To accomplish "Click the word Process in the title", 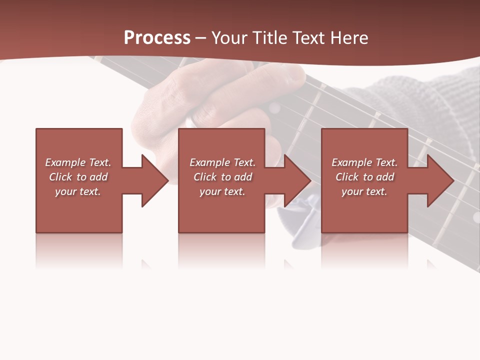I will coord(157,37).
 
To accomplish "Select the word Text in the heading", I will coord(308,38).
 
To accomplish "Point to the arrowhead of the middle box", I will coord(297,180).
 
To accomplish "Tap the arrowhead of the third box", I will coord(440,180).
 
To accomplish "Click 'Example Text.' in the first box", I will coord(78,162).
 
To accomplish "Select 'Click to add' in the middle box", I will coord(222,177).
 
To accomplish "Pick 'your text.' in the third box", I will coord(364,191).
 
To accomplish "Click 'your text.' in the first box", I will coord(78,191).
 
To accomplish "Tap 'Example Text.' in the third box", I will coord(364,162).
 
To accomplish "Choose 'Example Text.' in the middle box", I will coord(222,162).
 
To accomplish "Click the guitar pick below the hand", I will coord(300,220).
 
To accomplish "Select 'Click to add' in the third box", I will coord(364,177).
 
